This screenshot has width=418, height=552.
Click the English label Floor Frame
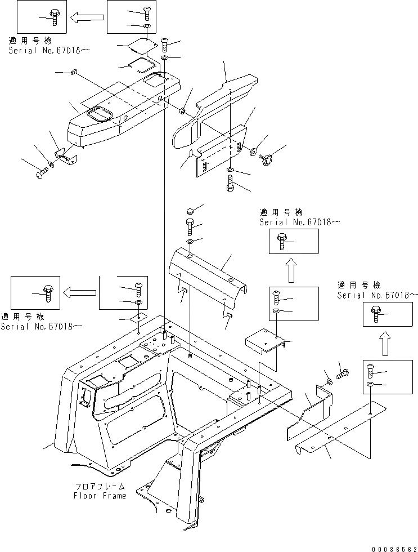point(100,496)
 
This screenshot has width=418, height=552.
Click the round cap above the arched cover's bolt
point(190,211)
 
